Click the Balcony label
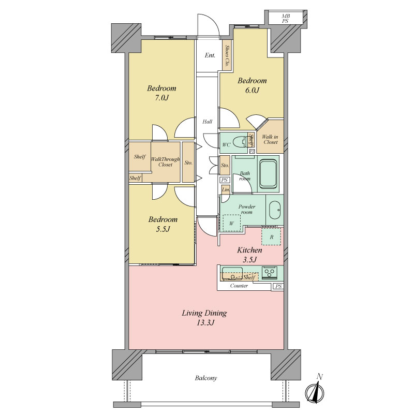point(206,378)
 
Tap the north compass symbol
point(315,390)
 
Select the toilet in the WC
point(241,142)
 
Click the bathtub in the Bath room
point(268,174)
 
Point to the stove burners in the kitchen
point(270,273)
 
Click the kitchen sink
point(232,273)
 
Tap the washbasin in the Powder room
point(275,211)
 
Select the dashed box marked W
point(231,223)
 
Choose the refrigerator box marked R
point(271,236)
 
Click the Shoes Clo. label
point(227,55)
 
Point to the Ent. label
point(210,55)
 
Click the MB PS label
point(286,19)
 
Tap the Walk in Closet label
point(270,139)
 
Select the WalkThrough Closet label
point(165,162)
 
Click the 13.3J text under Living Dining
point(205,322)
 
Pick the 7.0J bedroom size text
point(161,98)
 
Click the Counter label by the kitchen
point(239,286)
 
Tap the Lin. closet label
point(226,189)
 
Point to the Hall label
point(208,122)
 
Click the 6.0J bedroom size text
point(252,90)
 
